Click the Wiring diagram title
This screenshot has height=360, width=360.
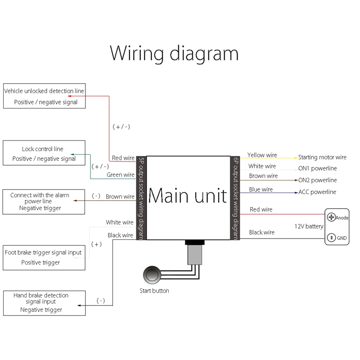click(174, 54)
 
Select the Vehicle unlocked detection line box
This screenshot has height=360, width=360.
click(44, 96)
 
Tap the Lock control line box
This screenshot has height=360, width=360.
click(44, 153)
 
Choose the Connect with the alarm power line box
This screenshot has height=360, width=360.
click(44, 202)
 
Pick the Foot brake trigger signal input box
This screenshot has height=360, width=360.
click(44, 257)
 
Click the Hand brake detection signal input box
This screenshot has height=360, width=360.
click(44, 303)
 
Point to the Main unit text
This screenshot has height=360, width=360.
click(188, 196)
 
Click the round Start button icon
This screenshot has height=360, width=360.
click(152, 275)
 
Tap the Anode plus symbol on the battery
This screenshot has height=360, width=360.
click(331, 217)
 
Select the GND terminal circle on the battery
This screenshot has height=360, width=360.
click(331, 238)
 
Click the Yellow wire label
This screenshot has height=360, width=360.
click(262, 155)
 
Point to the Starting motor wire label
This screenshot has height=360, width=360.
click(322, 157)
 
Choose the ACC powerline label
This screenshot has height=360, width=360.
click(317, 192)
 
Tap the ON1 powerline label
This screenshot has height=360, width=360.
click(318, 168)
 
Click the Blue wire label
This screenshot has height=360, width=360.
click(261, 189)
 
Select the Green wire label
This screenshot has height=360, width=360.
click(121, 175)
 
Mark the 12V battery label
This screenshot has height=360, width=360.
click(309, 226)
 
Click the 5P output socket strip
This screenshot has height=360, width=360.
click(141, 198)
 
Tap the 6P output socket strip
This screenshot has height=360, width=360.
click(235, 198)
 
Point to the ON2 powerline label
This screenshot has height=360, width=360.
click(318, 180)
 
